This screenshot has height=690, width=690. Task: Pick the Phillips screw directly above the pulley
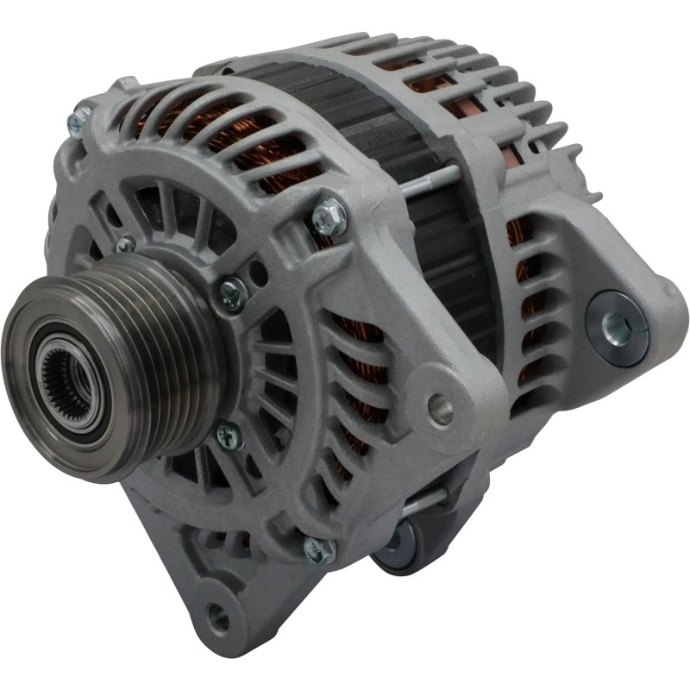click(x=126, y=244)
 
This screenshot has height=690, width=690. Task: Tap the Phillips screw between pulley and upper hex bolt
click(x=231, y=296)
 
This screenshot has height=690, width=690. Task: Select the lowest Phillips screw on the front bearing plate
click(x=229, y=436)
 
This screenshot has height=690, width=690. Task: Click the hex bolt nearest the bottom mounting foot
click(x=318, y=549)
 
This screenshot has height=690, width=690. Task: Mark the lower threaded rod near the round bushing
click(x=423, y=501)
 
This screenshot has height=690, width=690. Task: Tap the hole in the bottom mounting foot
click(x=219, y=617)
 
